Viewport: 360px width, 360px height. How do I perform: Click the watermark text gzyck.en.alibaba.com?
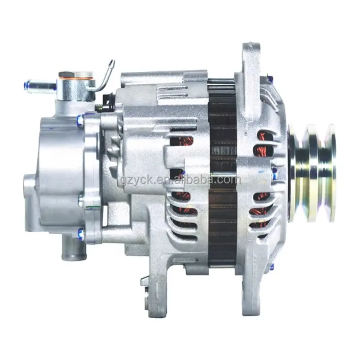pos(180,180)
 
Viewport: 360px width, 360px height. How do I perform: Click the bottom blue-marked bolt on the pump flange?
pos(81,233)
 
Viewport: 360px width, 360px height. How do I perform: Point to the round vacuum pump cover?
pos(54,175)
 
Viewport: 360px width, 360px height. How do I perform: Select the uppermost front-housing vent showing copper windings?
pos(262,135)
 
